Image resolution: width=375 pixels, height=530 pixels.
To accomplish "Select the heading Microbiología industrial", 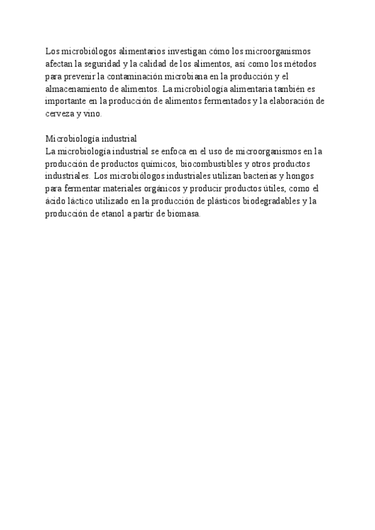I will [x=91, y=139].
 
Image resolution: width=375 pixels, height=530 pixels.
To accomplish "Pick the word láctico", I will [x=83, y=201].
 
